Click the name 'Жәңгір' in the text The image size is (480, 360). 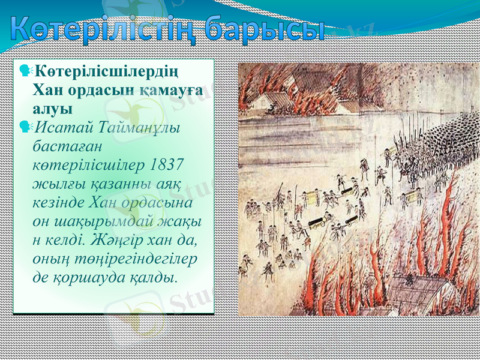(119, 239)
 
